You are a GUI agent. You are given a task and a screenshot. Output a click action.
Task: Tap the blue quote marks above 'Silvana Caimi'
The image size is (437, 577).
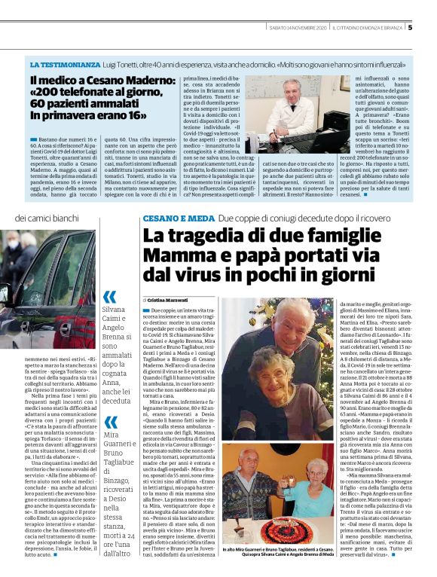click(x=110, y=296)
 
